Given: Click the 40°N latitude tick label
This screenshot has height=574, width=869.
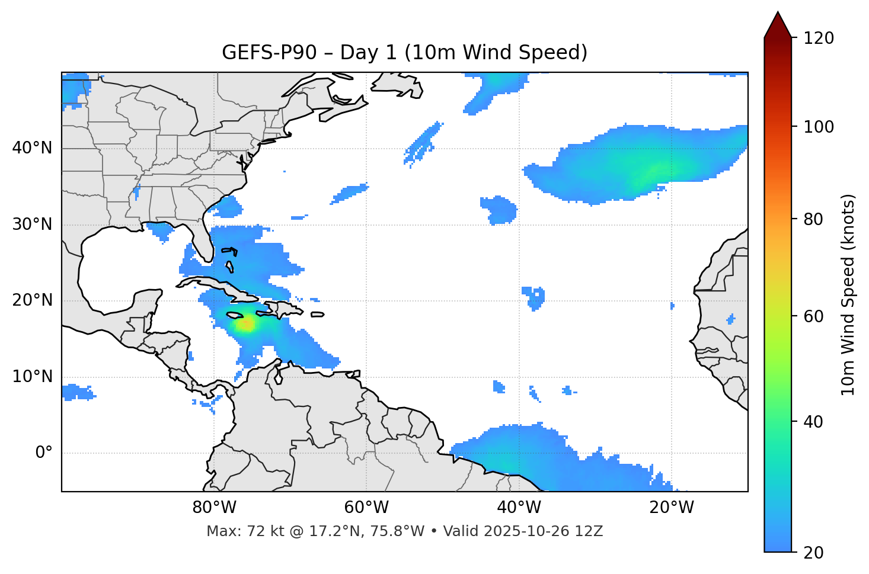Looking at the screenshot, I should [x=32, y=147].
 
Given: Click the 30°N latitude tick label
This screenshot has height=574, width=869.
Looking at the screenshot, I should [x=32, y=224].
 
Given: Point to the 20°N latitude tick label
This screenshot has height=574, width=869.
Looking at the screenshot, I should [x=32, y=300].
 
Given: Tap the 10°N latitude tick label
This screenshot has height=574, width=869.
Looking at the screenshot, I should [x=32, y=377].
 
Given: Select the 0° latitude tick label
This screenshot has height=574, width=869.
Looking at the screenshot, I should [x=44, y=453].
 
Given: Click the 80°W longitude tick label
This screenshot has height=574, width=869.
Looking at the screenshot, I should [x=214, y=508].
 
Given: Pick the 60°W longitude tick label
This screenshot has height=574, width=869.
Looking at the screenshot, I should [x=366, y=508].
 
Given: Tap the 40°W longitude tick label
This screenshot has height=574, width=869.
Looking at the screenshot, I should [x=519, y=508].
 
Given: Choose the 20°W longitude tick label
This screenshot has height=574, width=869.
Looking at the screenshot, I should [x=671, y=508].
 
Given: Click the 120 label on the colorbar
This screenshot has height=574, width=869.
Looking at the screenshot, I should [x=819, y=38].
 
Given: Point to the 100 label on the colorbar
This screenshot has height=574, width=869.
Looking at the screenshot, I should [x=819, y=127].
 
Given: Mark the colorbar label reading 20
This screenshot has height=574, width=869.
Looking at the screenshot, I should [x=813, y=553].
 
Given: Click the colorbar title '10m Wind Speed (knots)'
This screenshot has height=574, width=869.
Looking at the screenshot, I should [x=848, y=294].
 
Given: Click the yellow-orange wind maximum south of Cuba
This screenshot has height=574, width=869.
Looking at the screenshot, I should [x=245, y=324].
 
